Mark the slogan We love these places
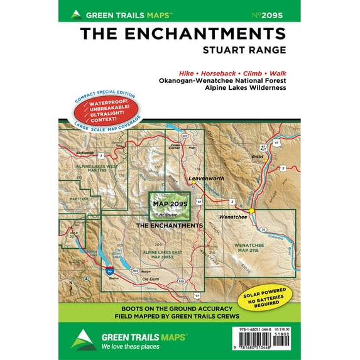click(131, 346)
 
